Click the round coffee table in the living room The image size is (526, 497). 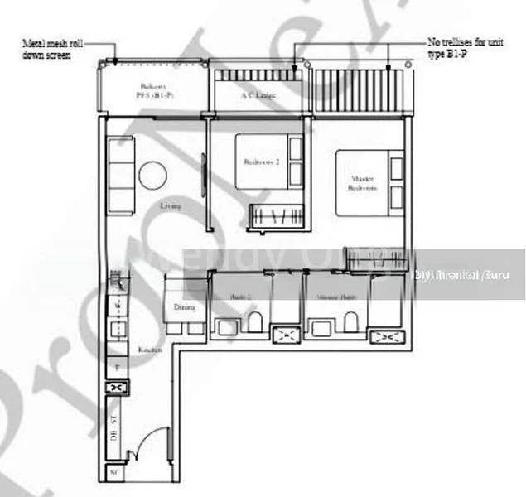[153, 175]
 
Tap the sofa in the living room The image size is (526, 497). [121, 175]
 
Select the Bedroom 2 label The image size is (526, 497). [262, 163]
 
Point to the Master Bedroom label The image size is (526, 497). [362, 184]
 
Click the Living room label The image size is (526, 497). [171, 205]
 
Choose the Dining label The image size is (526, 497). [184, 308]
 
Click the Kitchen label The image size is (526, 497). [150, 350]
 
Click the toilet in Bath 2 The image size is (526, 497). [254, 322]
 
